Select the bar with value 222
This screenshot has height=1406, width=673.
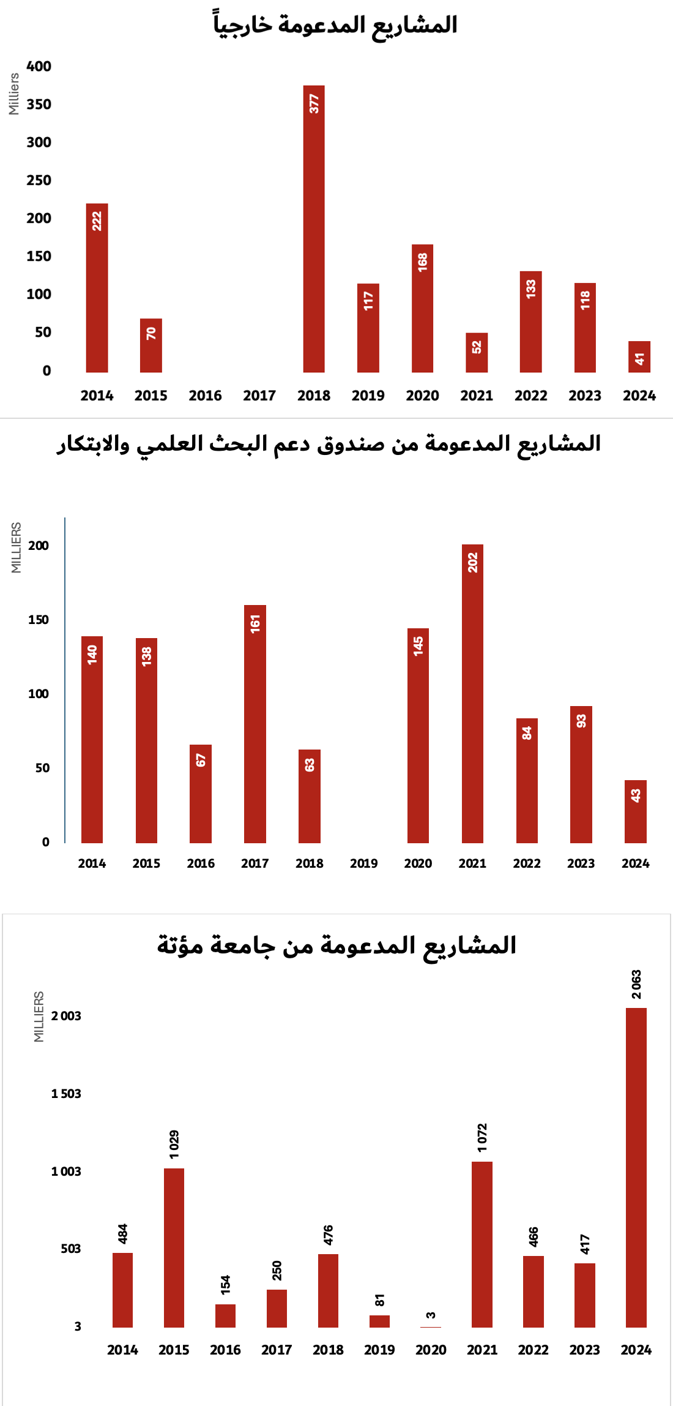[97, 288]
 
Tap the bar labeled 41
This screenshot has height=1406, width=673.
[639, 357]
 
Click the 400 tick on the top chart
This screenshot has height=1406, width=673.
[39, 66]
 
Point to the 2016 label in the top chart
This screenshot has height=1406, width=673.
[205, 396]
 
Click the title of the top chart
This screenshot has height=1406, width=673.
[335, 25]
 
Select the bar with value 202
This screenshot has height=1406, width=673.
[472, 693]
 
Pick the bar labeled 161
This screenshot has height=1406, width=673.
[255, 724]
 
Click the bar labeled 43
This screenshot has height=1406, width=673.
[635, 811]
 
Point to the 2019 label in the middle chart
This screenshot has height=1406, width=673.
[363, 863]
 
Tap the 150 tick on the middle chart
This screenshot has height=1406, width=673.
[38, 620]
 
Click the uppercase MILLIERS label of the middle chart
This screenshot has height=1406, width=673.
[16, 547]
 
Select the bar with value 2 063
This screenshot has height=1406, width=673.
[636, 1167]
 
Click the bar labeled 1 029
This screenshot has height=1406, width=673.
[174, 1247]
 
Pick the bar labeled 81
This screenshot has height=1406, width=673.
[379, 1321]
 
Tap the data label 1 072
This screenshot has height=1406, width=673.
[482, 1137]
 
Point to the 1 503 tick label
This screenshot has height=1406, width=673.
[66, 1094]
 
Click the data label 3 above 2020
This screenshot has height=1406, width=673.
[431, 1315]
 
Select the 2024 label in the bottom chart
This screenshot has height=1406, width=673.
[636, 1350]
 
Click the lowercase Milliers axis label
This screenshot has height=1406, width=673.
[13, 94]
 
